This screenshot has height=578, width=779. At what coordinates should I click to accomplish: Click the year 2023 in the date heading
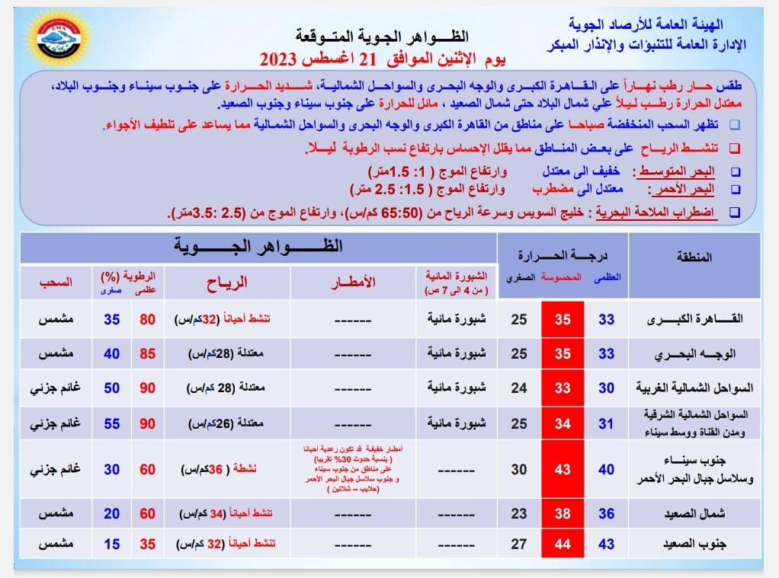click(281, 59)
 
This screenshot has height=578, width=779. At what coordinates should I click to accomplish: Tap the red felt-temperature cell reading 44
click(562, 545)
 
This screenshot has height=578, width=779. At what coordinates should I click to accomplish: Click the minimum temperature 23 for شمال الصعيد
click(519, 513)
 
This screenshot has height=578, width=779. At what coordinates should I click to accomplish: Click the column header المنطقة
click(694, 257)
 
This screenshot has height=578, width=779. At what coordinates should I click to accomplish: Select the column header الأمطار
click(353, 282)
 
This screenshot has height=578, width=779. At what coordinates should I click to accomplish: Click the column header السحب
click(56, 282)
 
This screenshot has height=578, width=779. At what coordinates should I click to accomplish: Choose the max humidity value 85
click(147, 354)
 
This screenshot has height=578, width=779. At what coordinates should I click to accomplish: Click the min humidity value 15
click(112, 545)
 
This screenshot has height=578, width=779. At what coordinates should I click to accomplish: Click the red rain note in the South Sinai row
click(353, 469)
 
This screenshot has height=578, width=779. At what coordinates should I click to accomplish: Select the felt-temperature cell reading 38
click(562, 513)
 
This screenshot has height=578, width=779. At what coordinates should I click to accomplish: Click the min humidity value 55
click(112, 423)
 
